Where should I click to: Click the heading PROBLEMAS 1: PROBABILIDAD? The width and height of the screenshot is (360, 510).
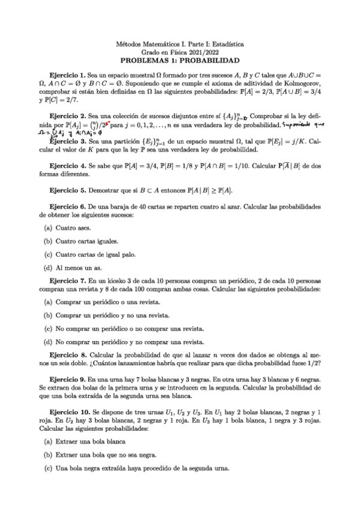pos(180,61)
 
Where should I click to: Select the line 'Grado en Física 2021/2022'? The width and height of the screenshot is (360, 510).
pos(180,52)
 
